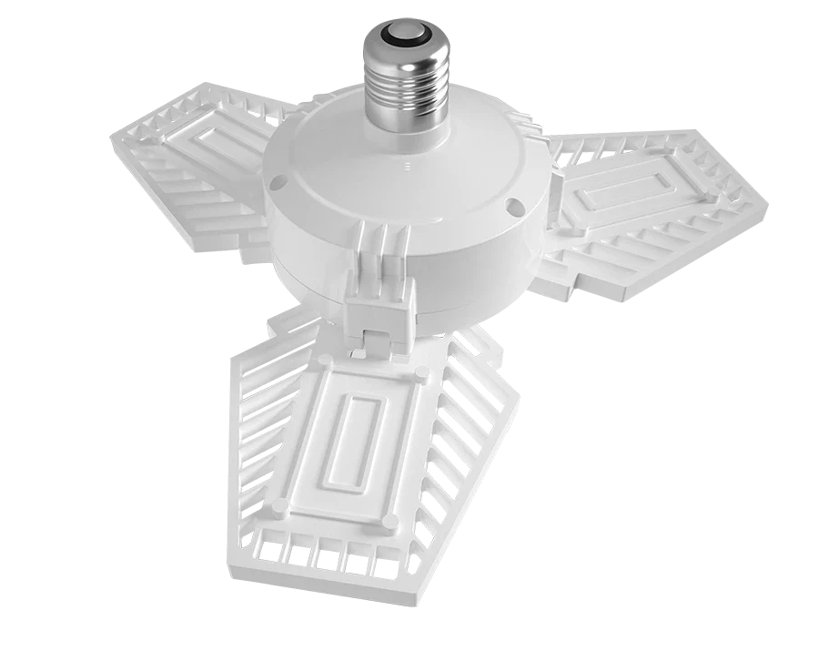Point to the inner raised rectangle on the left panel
click(223, 147)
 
